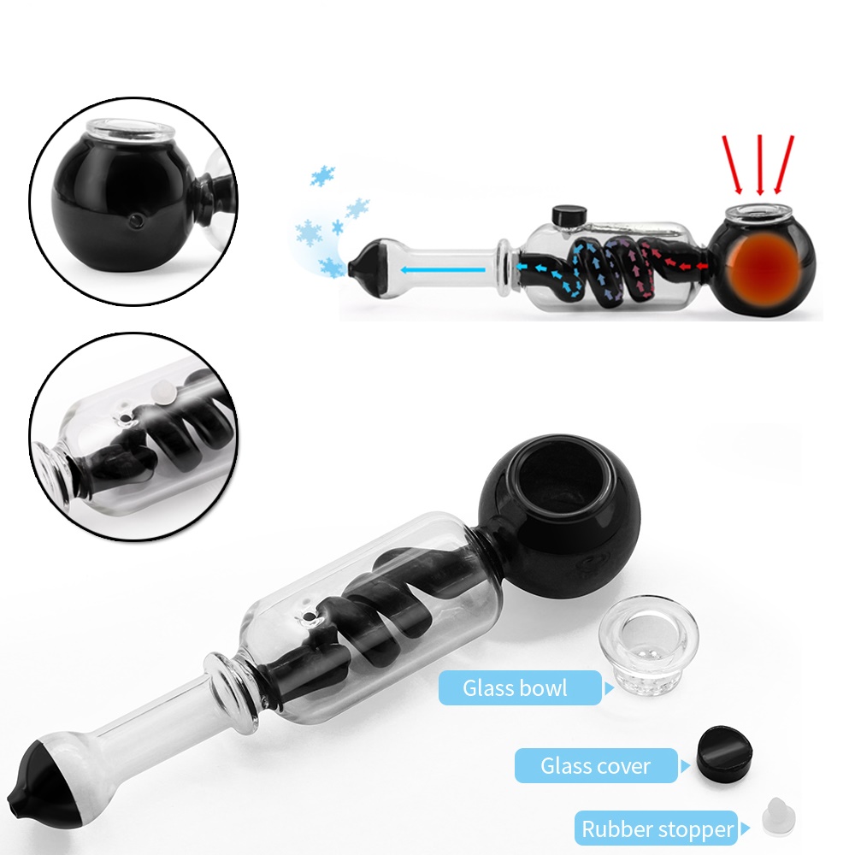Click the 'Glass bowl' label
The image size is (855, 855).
click(515, 687)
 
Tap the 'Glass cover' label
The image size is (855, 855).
click(595, 765)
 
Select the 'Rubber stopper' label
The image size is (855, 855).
click(657, 828)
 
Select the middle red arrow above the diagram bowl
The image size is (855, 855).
click(758, 163)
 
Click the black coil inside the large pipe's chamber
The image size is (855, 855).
click(368, 615)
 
